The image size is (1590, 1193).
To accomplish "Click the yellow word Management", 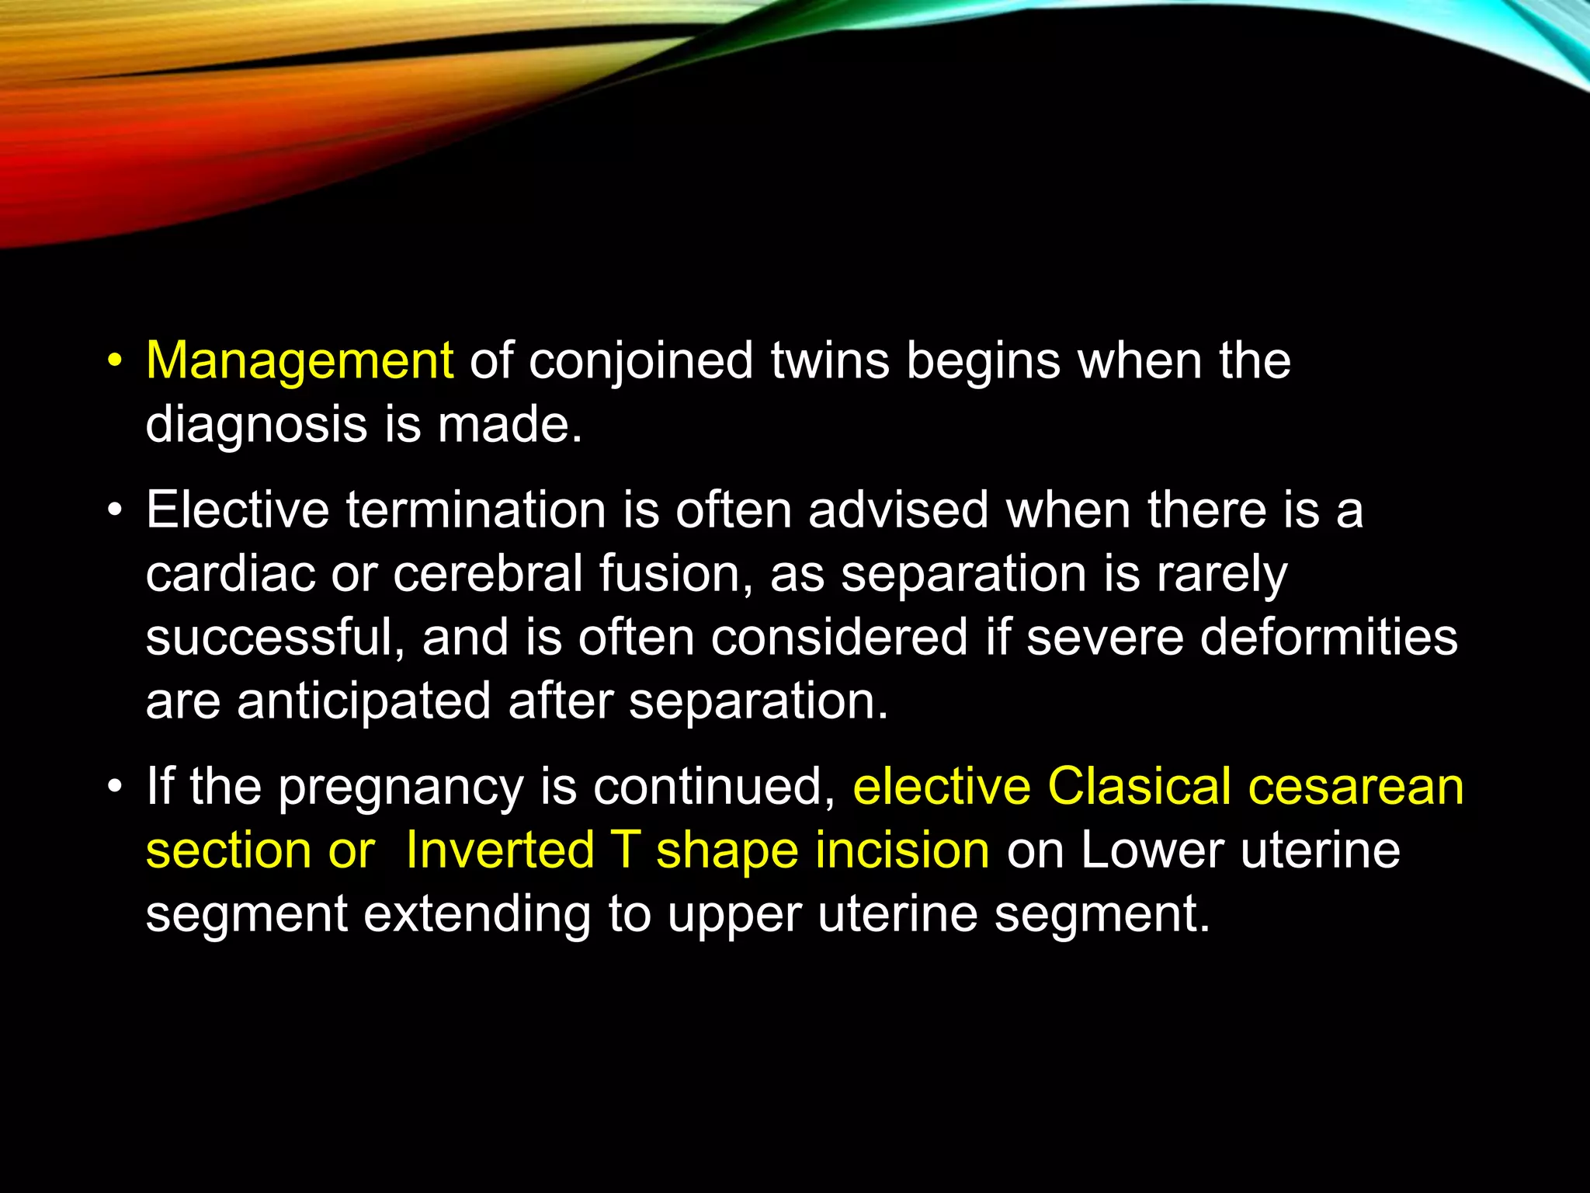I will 299,362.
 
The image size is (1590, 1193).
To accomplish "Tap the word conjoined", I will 641,362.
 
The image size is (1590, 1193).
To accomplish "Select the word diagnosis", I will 256,426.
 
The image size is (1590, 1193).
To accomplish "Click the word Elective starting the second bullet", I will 238,510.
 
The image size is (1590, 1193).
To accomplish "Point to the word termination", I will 476,510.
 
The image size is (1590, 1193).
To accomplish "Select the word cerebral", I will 488,575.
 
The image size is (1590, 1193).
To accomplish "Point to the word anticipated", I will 363,701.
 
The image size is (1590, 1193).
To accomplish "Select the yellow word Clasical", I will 1139,786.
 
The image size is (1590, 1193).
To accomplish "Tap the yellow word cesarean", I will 1356,786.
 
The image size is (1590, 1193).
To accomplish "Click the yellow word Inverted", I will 499,850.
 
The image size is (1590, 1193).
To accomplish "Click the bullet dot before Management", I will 115,362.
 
